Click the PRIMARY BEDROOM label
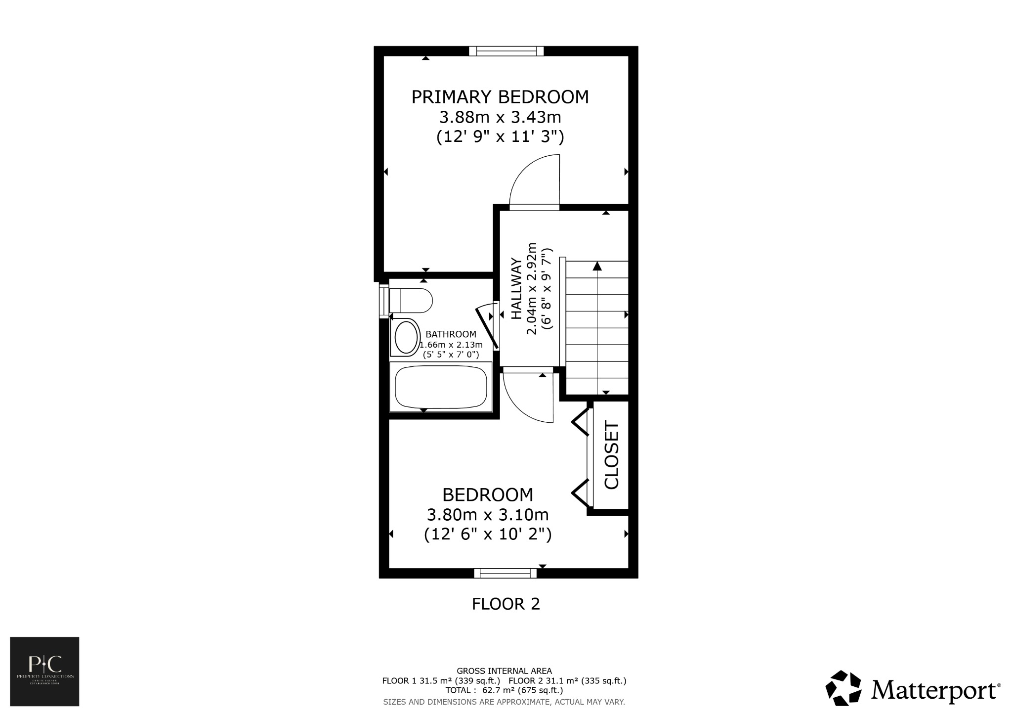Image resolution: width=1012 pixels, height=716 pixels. click(x=500, y=97)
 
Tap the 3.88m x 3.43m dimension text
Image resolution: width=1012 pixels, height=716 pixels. click(x=500, y=118)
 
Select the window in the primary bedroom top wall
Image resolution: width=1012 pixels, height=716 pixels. click(x=506, y=51)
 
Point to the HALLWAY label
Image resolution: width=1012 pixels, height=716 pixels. click(x=516, y=289)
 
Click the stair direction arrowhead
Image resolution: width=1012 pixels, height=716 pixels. click(x=597, y=267)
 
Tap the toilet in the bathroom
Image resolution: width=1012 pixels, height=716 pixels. click(x=411, y=300)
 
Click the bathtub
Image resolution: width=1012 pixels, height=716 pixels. click(x=441, y=387)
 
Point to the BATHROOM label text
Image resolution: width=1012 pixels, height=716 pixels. click(x=451, y=334)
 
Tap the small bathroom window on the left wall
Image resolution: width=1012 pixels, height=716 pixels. click(x=384, y=299)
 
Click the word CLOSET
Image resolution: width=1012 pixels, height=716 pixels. click(x=611, y=455)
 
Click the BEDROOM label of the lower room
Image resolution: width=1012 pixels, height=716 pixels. click(x=487, y=494)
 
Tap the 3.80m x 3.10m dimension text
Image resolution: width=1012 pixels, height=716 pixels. click(x=487, y=515)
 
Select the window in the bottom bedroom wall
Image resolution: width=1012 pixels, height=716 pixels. click(x=505, y=573)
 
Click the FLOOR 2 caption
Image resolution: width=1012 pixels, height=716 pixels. click(x=506, y=604)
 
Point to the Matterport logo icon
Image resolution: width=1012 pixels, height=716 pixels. click(x=844, y=688)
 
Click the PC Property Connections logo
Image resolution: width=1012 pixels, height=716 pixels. click(x=44, y=671)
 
